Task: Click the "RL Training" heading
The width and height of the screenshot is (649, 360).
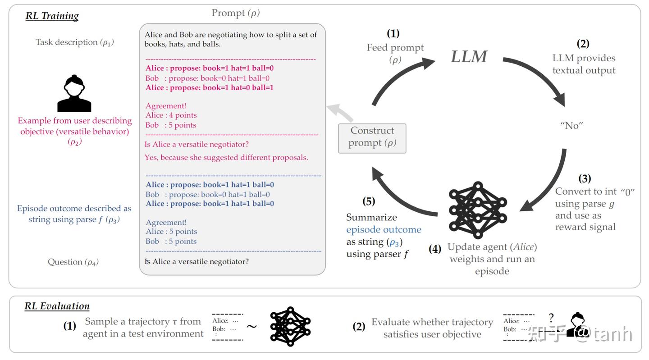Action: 52,16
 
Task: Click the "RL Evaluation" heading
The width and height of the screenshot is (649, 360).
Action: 57,306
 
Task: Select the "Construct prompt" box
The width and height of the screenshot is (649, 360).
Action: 372,137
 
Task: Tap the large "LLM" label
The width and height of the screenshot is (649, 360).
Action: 469,57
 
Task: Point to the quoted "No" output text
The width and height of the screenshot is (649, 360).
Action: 571,126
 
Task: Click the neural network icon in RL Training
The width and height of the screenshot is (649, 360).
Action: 478,210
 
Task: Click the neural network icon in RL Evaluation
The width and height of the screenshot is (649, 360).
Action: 290,326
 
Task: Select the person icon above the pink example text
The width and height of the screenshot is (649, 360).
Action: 74,93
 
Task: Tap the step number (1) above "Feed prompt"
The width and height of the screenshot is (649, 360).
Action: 393,33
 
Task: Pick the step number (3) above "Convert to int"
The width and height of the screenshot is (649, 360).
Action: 585,178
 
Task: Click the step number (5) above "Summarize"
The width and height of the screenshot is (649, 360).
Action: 369,201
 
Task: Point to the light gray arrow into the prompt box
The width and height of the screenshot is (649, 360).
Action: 340,113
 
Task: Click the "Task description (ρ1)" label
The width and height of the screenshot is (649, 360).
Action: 75,42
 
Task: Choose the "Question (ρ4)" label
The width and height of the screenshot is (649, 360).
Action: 73,262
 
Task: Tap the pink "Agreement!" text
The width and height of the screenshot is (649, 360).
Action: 165,106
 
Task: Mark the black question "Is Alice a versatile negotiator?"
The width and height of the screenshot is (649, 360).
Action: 197,261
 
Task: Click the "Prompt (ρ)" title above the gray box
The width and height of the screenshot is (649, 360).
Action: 235,13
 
